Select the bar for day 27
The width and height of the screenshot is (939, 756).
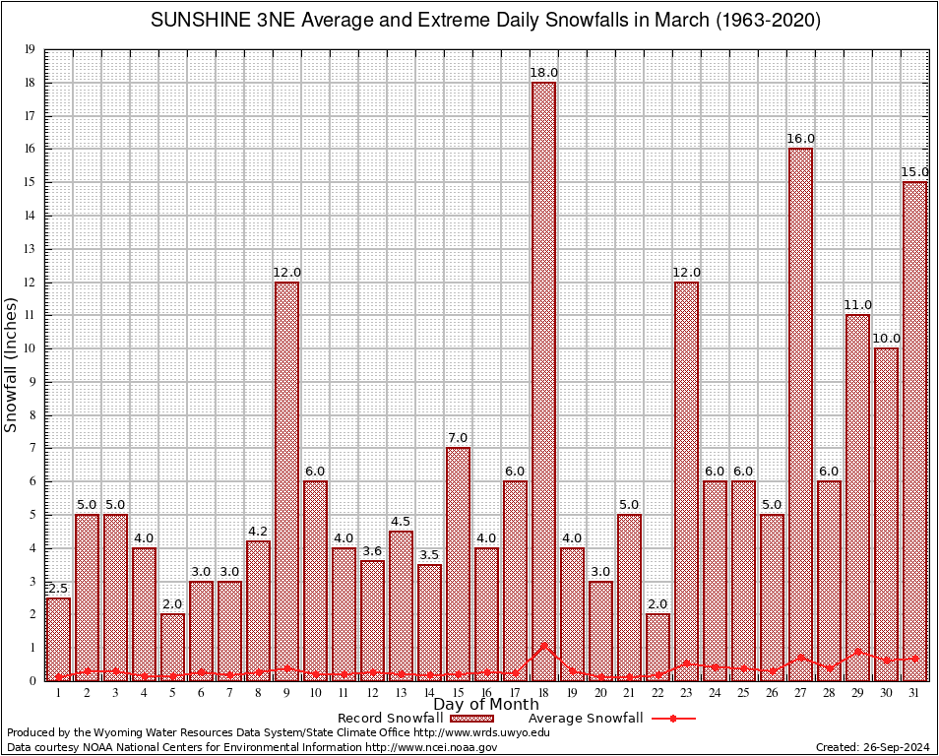(800, 413)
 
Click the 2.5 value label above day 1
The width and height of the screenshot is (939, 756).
(58, 589)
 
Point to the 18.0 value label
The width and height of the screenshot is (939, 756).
(543, 73)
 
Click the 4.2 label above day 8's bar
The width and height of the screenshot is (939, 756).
(258, 532)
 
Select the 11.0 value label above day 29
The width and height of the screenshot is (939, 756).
(857, 305)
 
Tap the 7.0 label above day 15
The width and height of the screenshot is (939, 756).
(458, 438)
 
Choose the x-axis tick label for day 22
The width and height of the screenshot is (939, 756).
(657, 693)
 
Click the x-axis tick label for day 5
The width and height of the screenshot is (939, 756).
(172, 693)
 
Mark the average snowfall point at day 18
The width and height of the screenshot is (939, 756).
(543, 646)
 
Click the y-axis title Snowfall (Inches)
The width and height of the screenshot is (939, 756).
(12, 364)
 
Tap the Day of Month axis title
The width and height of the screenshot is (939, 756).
(486, 705)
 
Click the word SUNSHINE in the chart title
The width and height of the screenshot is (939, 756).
(194, 21)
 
